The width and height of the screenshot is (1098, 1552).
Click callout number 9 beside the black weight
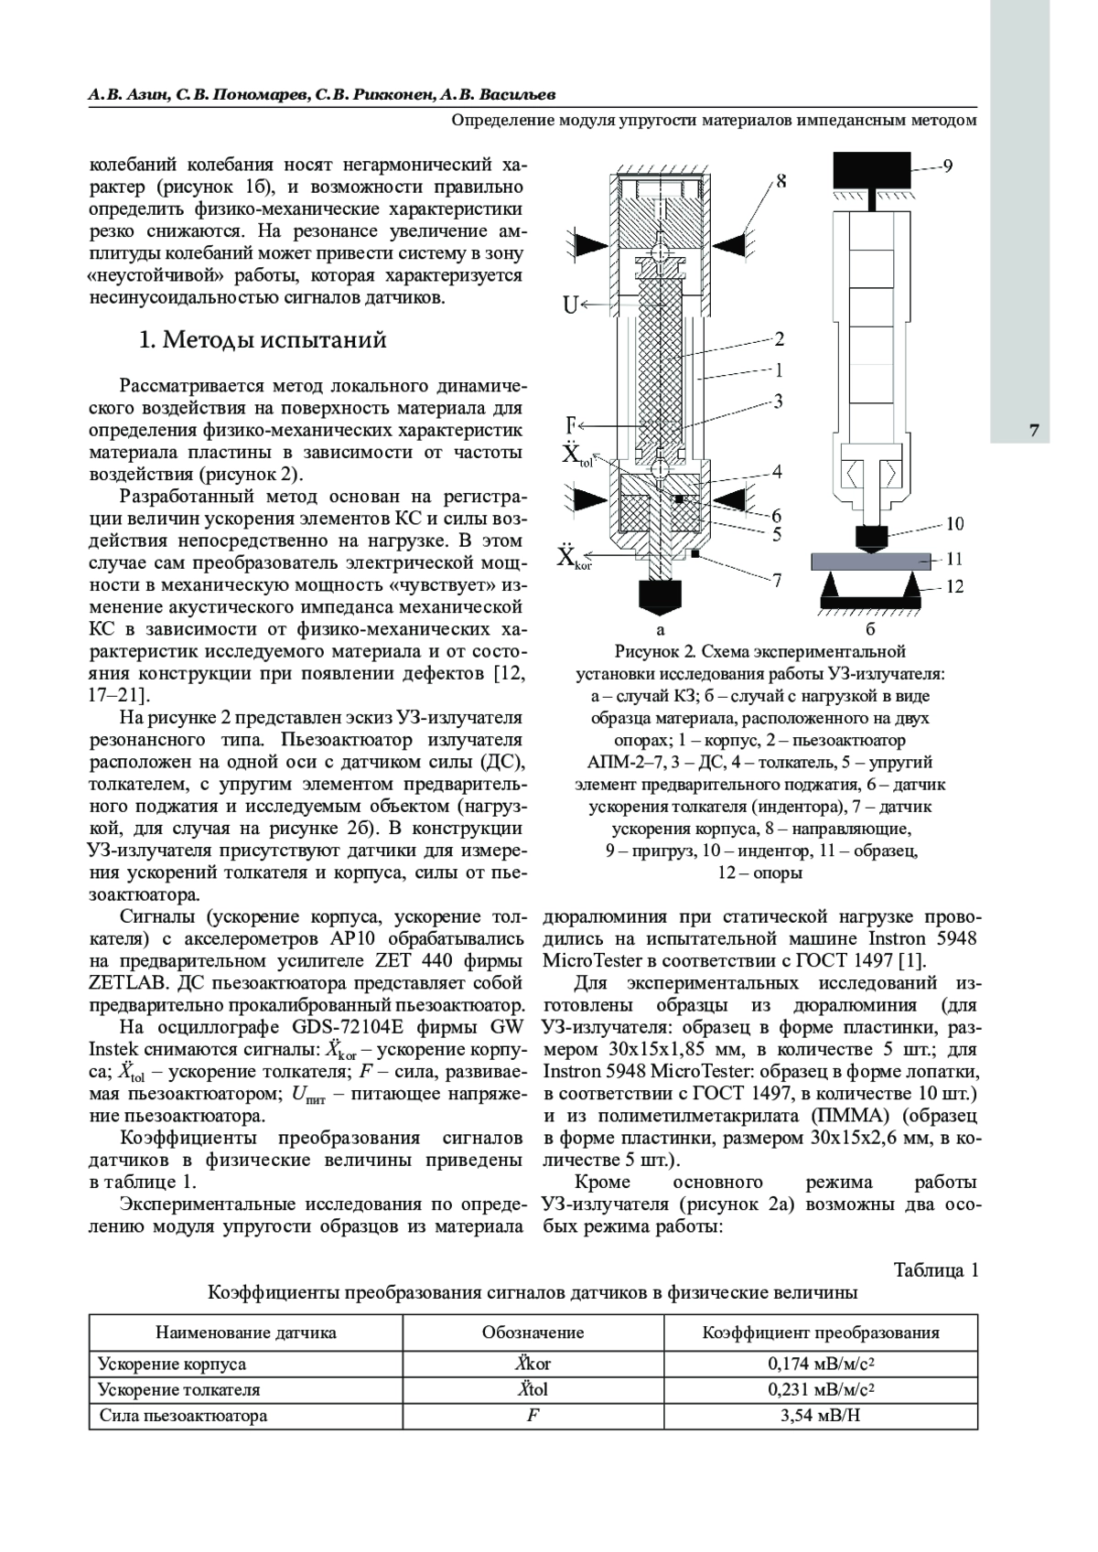949,166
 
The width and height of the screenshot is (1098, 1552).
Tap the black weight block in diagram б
872,169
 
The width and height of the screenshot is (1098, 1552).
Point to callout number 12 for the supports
954,587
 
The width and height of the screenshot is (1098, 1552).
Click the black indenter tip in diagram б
870,535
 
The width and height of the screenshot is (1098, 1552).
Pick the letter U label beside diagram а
570,305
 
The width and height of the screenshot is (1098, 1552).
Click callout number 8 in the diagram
781,181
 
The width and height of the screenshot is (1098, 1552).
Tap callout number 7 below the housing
778,580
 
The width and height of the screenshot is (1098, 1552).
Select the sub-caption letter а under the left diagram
661,629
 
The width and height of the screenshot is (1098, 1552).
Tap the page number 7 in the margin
1033,431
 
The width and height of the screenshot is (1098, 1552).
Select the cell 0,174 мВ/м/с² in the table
820,1364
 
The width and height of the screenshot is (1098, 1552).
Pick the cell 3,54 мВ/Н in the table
820,1416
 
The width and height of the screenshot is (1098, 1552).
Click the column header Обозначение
533,1333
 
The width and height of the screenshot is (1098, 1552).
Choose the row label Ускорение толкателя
179,1390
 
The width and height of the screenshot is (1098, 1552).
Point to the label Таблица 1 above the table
936,1270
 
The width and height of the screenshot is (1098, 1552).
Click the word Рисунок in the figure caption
648,652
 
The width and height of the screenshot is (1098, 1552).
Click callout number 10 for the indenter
954,524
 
